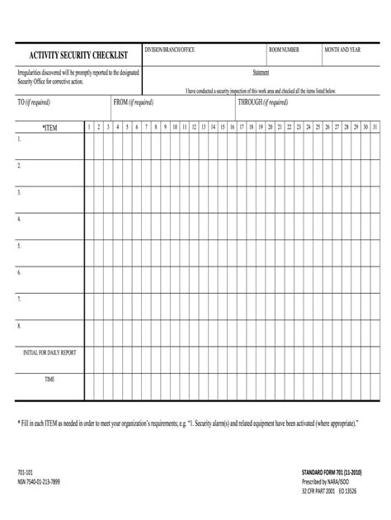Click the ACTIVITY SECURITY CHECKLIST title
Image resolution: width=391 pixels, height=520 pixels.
pos(73,55)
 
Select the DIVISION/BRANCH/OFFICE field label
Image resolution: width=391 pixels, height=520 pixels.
pos(170,50)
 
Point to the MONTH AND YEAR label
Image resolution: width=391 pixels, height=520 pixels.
pos(342,50)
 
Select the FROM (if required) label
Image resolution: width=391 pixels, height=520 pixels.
pos(133,102)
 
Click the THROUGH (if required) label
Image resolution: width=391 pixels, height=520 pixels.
pos(262,102)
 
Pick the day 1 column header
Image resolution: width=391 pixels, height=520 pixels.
pos(89,127)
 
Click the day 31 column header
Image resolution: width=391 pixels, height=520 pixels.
pos(375,127)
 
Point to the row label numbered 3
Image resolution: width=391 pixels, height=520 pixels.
pos(19,191)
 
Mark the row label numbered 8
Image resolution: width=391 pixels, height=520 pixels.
pos(19,325)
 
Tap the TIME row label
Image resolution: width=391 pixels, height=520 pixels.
pos(49,379)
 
